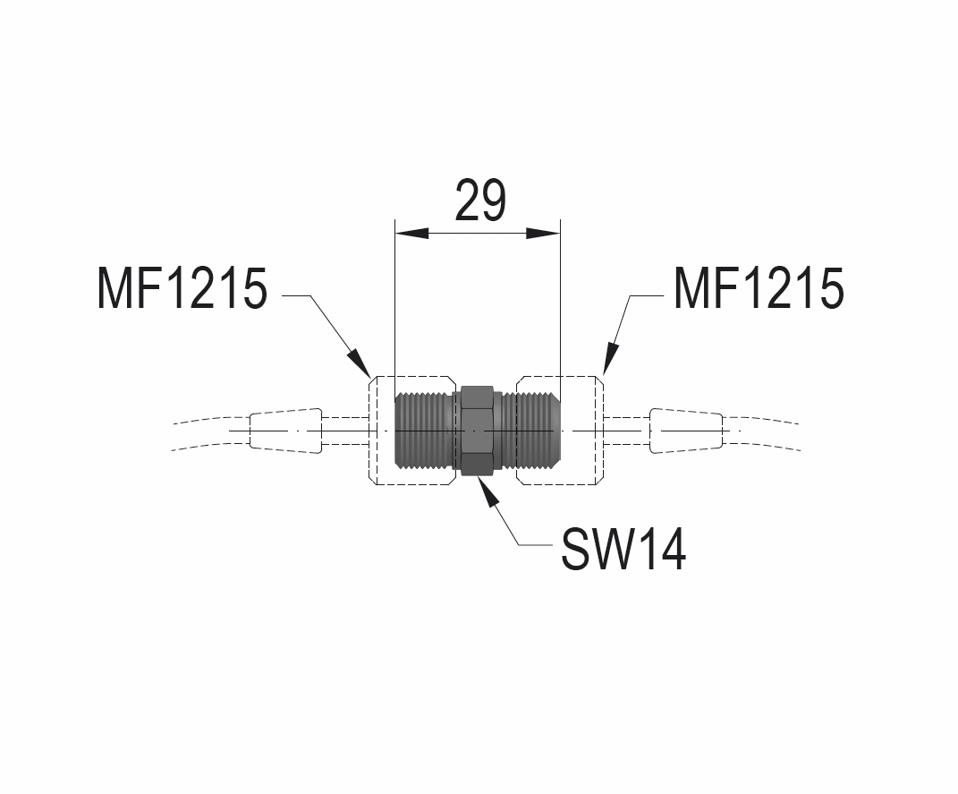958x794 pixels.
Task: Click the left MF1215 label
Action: (x=182, y=289)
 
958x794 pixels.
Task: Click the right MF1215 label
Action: (x=759, y=289)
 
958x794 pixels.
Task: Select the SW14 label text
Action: (x=623, y=549)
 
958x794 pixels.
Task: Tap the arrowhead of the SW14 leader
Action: (x=487, y=490)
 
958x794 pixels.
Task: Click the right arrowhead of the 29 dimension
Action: (x=543, y=234)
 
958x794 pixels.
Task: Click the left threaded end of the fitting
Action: (x=424, y=431)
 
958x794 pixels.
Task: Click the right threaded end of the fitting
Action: (x=533, y=431)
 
